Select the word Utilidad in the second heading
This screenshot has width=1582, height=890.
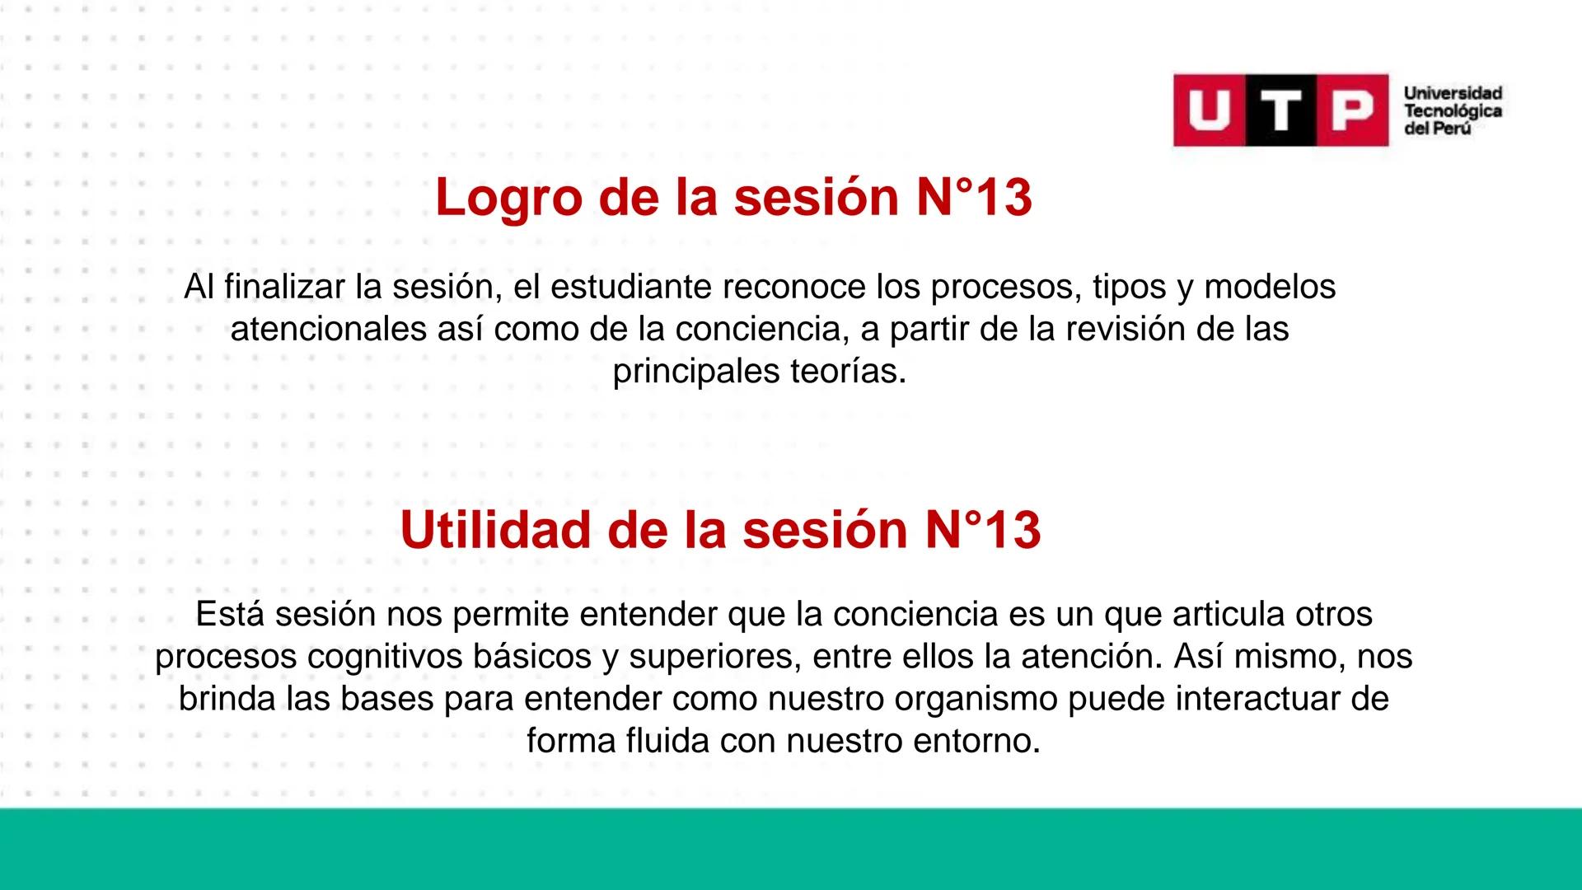tap(495, 530)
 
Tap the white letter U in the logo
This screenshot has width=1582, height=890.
tap(1209, 110)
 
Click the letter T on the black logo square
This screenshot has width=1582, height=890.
tap(1281, 110)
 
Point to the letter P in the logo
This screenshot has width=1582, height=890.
tap(1352, 110)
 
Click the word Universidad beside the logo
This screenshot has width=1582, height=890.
tap(1453, 93)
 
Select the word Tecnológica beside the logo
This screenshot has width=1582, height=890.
tap(1453, 111)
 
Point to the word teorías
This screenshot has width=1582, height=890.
tap(847, 372)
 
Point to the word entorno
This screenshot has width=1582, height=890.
tap(976, 742)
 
